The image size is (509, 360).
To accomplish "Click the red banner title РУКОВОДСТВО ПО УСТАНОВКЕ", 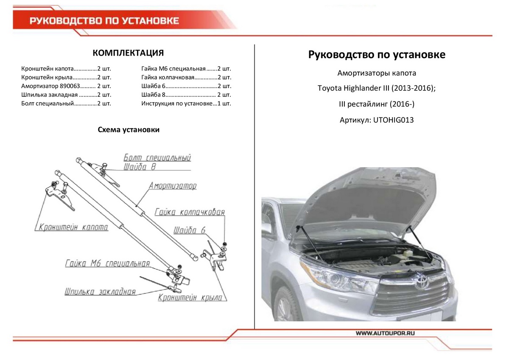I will point(104,21).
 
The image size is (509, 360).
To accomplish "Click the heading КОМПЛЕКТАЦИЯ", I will point(128,53).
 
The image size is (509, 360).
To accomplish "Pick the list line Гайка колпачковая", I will point(186,77).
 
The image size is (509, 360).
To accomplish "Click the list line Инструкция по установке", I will point(186,104).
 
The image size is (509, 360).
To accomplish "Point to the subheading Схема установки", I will point(129,130).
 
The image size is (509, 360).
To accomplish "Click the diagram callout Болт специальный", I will point(157,158).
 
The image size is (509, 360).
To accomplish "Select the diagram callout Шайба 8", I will point(140,167).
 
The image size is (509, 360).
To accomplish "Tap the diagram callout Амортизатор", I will point(173,186).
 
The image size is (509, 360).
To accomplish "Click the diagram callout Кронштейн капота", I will point(73,227).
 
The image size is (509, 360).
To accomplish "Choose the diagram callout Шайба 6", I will point(190,230).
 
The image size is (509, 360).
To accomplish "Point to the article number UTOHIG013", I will point(376,120).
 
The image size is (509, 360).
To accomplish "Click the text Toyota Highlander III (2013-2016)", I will point(376,89).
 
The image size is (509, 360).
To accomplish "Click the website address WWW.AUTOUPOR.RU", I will point(385,334).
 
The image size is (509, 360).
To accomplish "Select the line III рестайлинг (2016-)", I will point(376,104).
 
